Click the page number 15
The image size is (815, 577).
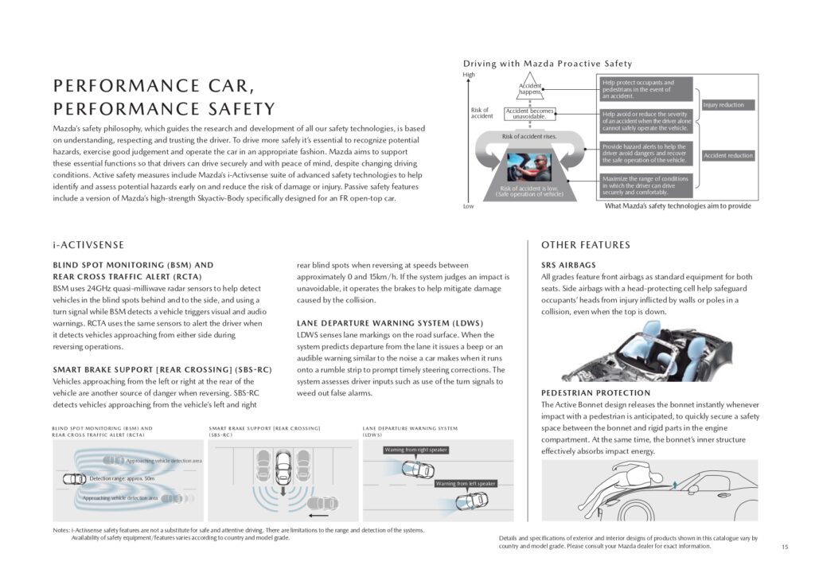[785, 547]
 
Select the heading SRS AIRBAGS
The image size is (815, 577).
[569, 265]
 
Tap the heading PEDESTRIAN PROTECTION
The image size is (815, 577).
[596, 393]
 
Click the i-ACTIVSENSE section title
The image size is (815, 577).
[88, 245]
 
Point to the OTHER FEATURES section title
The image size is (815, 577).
[586, 245]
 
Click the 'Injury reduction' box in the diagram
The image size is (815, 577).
[723, 105]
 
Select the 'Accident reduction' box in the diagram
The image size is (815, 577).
[728, 155]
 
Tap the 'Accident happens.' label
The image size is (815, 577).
[530, 89]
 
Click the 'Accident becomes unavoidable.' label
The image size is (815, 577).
[530, 114]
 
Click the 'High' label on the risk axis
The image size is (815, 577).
[469, 75]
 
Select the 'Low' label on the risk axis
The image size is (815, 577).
[468, 206]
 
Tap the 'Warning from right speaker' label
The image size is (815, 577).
[415, 450]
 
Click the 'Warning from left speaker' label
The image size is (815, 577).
[466, 483]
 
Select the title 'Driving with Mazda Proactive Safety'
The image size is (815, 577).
[548, 64]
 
